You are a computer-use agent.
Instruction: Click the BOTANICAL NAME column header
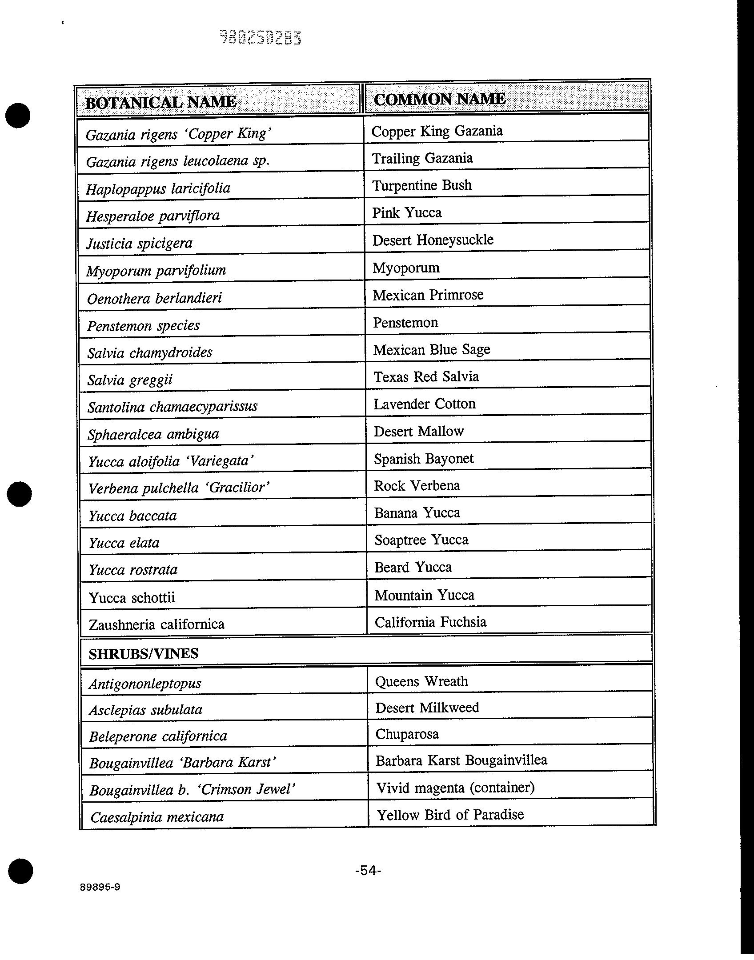pos(160,102)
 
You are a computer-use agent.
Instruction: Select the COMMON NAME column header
pos(439,99)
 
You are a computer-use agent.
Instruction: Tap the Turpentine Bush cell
pos(421,185)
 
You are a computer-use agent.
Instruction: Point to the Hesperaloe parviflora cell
pos(152,216)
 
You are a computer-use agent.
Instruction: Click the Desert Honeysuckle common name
pos(433,240)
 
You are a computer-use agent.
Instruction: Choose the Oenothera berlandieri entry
pos(154,298)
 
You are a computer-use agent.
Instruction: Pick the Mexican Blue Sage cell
pos(431,350)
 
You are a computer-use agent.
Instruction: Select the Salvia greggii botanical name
pos(130,380)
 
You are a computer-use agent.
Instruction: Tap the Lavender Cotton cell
pos(424,404)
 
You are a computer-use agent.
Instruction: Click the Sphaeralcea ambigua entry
pos(153,434)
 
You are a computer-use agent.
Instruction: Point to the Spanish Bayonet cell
pos(423,459)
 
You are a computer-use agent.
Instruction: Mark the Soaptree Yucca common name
pos(421,540)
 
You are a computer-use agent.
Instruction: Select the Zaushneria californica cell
pos(156,624)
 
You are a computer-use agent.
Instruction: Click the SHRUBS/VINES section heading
pos(143,653)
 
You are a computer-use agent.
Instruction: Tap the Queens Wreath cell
pos(421,681)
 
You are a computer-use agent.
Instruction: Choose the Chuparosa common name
pos(407,734)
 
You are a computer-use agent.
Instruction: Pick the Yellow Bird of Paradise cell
pos(450,815)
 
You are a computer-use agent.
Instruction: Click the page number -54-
pos(368,870)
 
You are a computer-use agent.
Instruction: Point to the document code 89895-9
pos(100,887)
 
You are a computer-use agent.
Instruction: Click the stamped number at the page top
pos(261,38)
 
